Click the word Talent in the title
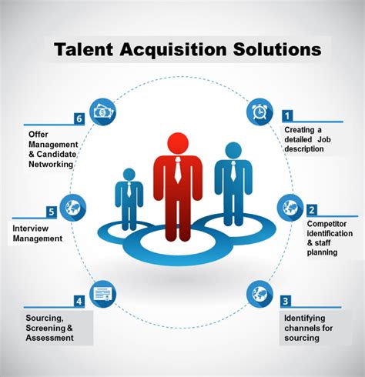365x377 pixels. point(84,49)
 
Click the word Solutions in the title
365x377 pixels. point(277,49)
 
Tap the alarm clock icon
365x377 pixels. point(260,112)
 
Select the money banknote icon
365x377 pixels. point(102,112)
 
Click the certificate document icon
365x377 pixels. point(102,294)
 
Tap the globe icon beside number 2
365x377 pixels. point(290,208)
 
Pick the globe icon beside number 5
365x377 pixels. point(73,208)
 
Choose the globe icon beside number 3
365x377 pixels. point(260,294)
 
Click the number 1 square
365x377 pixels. point(287,116)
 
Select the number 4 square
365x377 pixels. point(79,301)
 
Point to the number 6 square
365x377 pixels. point(79,118)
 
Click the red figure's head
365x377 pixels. point(178,143)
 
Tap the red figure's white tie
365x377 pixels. point(178,169)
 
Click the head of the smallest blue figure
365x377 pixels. point(129,175)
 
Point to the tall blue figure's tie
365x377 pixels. point(233,171)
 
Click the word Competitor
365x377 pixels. point(326,224)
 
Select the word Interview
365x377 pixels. point(31,229)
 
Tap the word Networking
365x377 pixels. point(51,164)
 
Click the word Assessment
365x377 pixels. point(49,338)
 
